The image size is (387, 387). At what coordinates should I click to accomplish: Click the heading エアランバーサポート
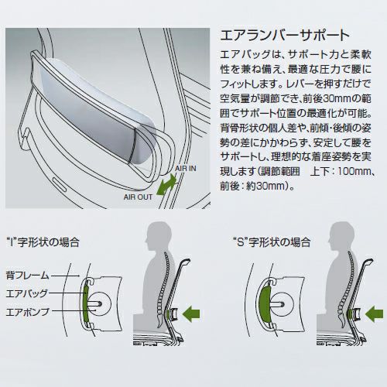pos(285,36)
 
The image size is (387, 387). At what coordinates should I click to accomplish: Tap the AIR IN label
pos(186,169)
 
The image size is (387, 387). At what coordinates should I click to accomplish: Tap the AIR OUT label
pos(138,197)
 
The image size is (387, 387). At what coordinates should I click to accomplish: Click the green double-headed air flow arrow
pos(166,184)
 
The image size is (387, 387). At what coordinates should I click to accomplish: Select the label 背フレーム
pos(27,276)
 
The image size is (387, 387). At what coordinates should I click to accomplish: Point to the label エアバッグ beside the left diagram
pos(27,293)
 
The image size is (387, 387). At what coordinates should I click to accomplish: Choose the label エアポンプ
pos(27,312)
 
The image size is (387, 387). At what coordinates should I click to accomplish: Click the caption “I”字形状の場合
pos(43,242)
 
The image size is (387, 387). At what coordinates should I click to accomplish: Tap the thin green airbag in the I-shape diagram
pos(86,303)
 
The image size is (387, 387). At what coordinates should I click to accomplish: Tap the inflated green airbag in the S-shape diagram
pos(264,303)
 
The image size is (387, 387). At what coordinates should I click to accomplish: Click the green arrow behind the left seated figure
pos(191,313)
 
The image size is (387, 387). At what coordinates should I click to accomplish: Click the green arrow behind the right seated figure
pos(374,313)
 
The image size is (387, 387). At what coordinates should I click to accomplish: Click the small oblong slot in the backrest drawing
pos(60,184)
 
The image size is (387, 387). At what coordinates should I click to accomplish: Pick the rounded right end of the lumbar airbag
pos(146,145)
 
